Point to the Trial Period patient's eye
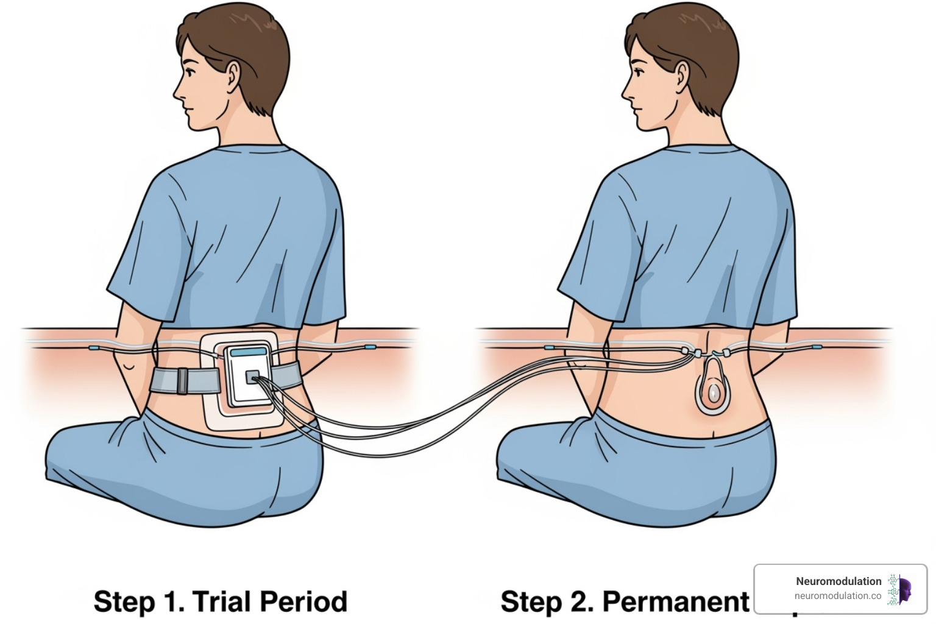coord(191,72)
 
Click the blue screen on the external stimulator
coord(249,352)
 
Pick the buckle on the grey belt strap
coord(182,381)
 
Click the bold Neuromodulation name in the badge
coord(838,581)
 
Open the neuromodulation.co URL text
coord(837,596)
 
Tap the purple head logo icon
coord(904,590)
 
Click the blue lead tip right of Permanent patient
coord(817,347)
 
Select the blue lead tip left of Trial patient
coord(94,349)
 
